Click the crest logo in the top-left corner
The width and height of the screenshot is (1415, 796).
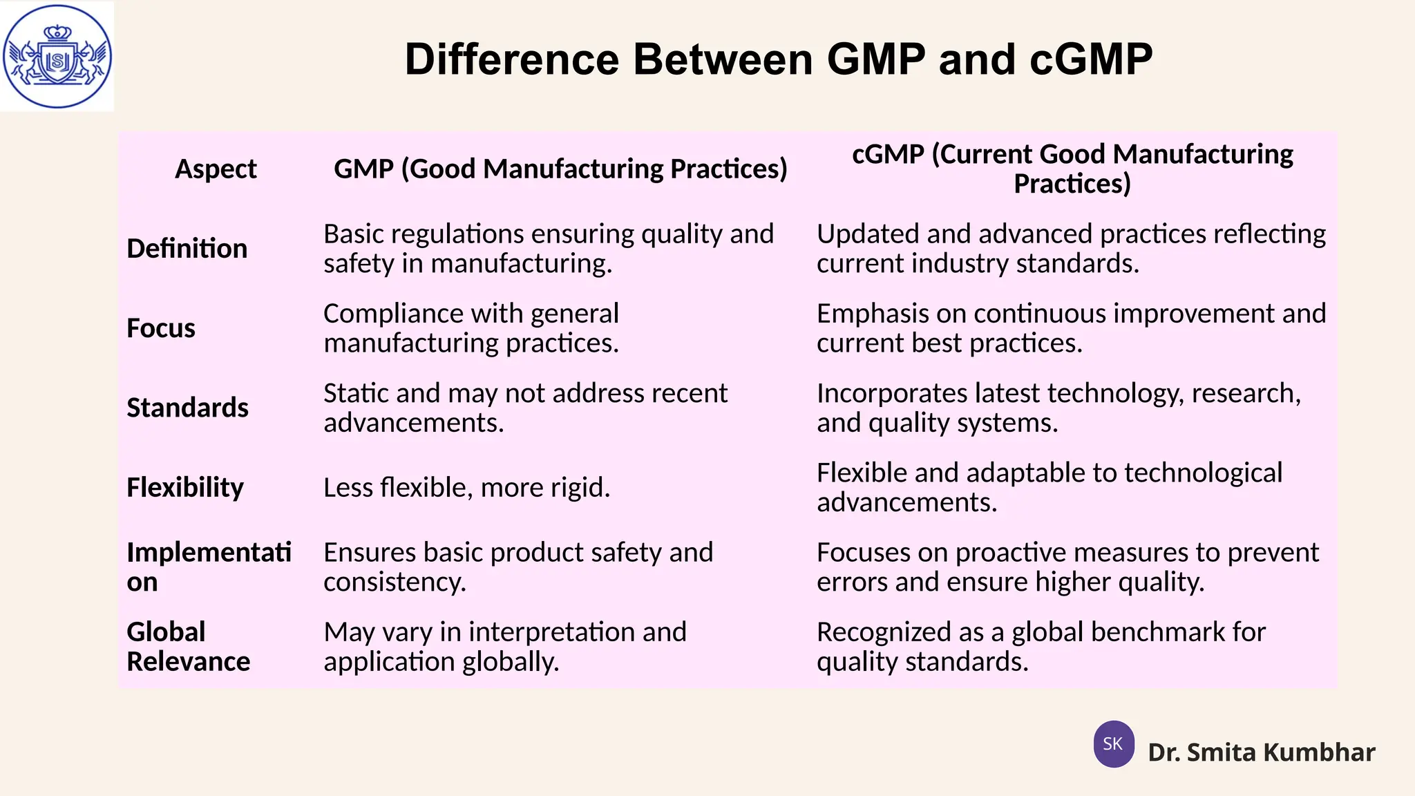57,57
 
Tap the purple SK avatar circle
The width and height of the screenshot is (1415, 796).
1113,744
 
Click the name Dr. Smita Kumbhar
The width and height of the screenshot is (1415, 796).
1261,752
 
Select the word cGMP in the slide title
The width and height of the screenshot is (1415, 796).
1091,59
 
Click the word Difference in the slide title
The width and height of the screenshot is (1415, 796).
511,59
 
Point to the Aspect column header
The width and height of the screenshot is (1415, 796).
216,169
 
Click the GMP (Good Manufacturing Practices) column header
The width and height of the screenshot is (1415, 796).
560,169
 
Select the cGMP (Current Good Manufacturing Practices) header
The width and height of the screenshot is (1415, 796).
1072,169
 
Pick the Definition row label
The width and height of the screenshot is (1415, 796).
187,249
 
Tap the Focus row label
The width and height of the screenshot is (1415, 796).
161,328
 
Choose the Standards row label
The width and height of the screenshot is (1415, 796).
187,408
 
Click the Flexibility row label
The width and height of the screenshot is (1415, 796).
185,488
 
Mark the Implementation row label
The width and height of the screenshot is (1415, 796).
209,567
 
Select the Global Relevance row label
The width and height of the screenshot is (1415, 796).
188,647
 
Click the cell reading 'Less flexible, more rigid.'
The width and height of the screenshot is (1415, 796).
467,488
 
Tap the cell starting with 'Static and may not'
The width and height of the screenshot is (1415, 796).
525,408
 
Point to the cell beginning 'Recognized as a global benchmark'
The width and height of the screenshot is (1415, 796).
1041,647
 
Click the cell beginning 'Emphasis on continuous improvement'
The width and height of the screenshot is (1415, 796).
1071,328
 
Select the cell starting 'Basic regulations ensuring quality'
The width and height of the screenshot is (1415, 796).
549,249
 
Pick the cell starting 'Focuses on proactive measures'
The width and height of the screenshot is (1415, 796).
1067,567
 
